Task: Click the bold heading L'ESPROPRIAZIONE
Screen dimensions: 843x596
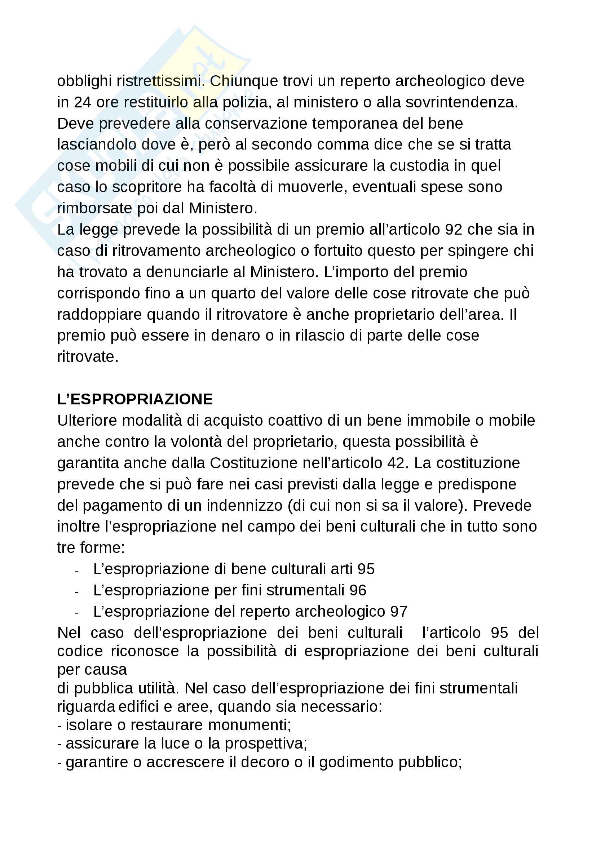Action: click(x=135, y=399)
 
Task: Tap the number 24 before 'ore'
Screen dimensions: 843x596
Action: click(x=83, y=102)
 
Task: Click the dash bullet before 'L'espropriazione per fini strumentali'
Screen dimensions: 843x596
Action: click(x=76, y=592)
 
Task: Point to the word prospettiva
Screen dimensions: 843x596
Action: click(x=265, y=744)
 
